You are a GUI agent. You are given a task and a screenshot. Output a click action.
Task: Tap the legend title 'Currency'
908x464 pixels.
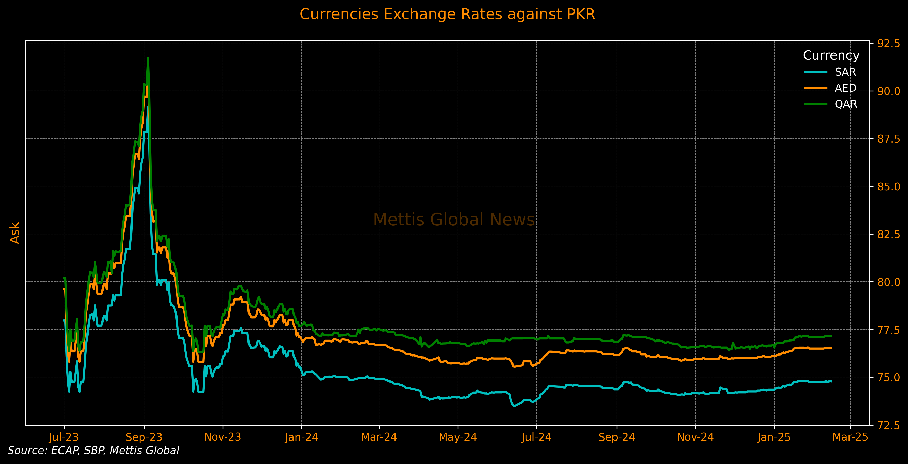coord(831,56)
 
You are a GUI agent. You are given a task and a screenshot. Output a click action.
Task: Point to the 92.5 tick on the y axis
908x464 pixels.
coord(888,43)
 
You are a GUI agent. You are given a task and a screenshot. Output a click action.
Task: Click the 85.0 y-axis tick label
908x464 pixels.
coord(888,186)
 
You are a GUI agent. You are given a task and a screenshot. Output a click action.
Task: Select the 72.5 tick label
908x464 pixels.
coord(888,425)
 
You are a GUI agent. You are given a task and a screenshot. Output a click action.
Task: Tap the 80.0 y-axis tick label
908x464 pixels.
coord(888,282)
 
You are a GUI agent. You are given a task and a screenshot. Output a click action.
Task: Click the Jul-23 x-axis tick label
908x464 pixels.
coord(64,438)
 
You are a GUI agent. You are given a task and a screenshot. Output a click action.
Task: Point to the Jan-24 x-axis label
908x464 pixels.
coord(301,438)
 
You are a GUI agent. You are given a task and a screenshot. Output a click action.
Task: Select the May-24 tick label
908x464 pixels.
coord(458,438)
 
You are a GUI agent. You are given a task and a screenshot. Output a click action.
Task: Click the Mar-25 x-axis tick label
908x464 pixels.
coord(850,437)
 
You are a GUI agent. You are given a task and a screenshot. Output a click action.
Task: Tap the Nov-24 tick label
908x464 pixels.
coord(695,438)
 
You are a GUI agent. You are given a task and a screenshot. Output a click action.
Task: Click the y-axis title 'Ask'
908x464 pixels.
coord(14,233)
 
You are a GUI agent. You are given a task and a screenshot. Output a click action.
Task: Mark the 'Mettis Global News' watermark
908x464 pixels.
coord(454,220)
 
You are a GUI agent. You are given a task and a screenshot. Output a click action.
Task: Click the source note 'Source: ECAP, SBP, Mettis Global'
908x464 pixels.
coord(93,451)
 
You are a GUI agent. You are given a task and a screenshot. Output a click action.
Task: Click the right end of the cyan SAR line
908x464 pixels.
coord(831,381)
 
